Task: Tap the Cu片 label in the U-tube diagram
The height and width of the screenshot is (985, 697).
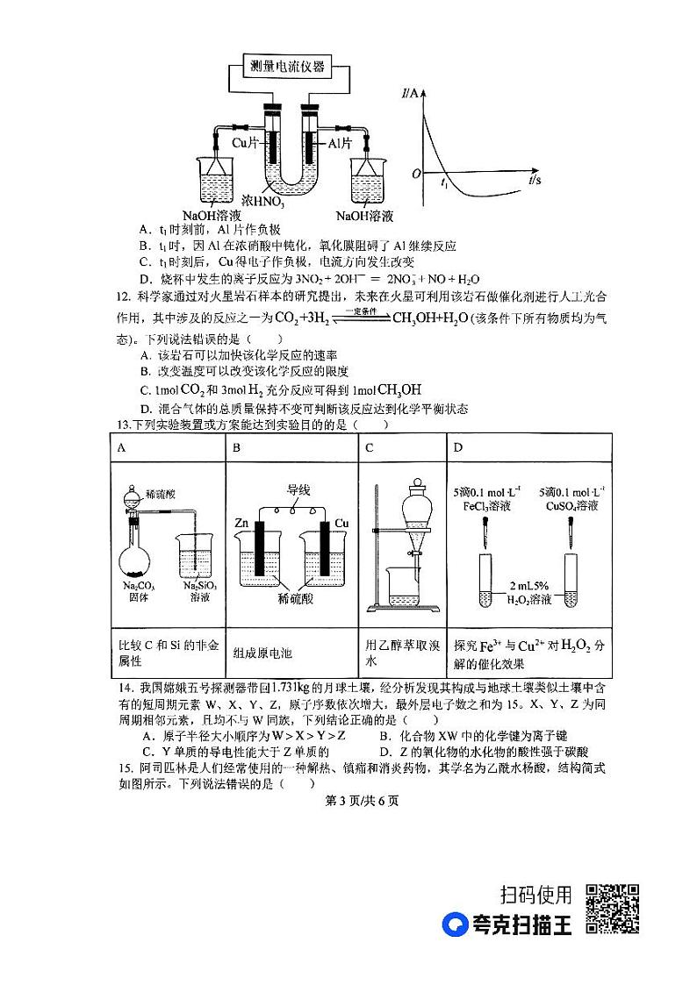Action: pyautogui.click(x=245, y=142)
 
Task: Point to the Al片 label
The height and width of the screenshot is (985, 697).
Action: pyautogui.click(x=341, y=142)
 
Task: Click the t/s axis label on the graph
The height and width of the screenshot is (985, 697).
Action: pyautogui.click(x=535, y=179)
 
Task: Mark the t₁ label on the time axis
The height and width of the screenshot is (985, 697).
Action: pyautogui.click(x=444, y=185)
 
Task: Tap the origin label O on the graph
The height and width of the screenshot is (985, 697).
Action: pyautogui.click(x=417, y=175)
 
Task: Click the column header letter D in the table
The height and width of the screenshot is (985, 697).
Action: pyautogui.click(x=457, y=448)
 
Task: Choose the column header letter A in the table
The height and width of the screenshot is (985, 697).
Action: pyautogui.click(x=122, y=448)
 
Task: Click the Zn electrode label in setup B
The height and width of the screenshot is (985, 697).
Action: pyautogui.click(x=241, y=523)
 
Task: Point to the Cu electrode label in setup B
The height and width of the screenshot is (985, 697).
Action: pyautogui.click(x=341, y=523)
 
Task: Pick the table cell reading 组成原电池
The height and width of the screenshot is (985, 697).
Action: pyautogui.click(x=262, y=653)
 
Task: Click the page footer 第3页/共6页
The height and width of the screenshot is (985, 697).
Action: pyautogui.click(x=349, y=800)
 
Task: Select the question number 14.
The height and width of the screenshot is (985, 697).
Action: pyautogui.click(x=124, y=686)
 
